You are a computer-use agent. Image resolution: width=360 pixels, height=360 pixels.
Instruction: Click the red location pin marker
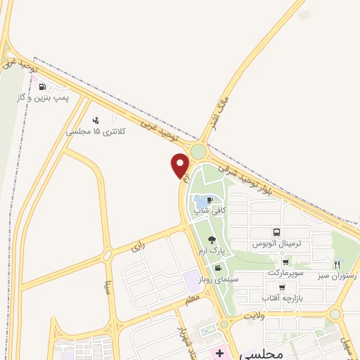(x=180, y=165)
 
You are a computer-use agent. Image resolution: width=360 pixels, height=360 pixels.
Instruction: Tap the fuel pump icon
(x=44, y=87)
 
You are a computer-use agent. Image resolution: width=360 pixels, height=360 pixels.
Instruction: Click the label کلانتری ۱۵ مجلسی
(x=95, y=131)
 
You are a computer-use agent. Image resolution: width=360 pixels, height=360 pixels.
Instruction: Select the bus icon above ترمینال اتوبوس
(x=276, y=232)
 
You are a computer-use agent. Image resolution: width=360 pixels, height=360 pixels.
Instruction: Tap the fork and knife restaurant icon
(x=337, y=264)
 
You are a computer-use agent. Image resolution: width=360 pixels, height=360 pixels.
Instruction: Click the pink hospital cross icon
(x=219, y=353)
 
